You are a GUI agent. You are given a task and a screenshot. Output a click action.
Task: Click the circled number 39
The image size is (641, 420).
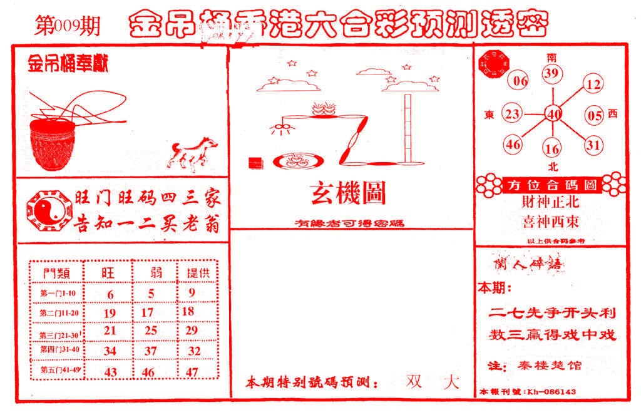tap(551, 74)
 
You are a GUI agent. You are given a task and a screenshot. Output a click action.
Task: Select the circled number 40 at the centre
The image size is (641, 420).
tap(553, 114)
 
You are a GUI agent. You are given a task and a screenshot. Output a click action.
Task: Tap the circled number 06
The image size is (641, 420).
tap(520, 80)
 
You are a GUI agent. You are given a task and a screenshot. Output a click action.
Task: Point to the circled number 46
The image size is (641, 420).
tap(514, 145)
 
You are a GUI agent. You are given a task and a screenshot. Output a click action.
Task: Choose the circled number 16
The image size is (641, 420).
tap(552, 149)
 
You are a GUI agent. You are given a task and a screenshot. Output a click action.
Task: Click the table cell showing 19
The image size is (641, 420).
tap(110, 312)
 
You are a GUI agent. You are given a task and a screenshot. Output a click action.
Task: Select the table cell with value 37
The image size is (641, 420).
tap(150, 351)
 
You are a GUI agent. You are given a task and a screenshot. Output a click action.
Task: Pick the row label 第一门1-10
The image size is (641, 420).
tap(57, 293)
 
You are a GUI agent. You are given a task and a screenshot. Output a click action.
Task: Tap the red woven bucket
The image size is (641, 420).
tap(54, 145)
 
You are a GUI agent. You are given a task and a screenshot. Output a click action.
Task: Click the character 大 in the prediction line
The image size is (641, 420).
tap(449, 381)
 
